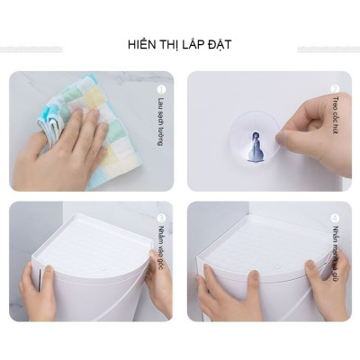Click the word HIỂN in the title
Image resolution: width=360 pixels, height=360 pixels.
click(142, 45)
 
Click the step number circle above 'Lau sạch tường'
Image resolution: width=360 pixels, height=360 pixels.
click(161, 89)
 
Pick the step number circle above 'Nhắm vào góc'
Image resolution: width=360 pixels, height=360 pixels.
click(161, 218)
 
